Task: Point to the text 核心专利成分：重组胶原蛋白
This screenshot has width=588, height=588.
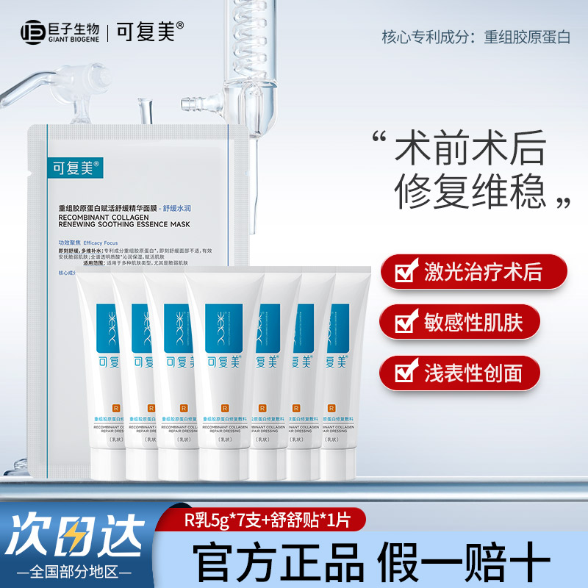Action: pos(476,37)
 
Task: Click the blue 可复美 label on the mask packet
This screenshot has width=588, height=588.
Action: pos(71,166)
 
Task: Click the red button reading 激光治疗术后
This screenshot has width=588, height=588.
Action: pos(474,273)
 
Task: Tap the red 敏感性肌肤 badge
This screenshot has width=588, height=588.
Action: pos(474,322)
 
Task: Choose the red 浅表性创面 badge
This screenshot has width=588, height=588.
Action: pos(474,373)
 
